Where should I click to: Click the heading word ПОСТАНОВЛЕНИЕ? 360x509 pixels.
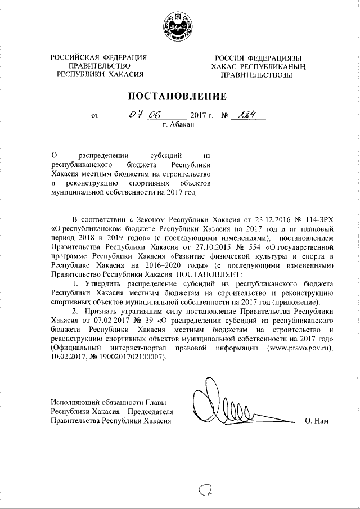click(180, 96)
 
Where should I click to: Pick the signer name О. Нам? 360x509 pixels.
click(316, 421)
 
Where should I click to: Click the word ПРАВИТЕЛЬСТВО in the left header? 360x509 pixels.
click(99, 65)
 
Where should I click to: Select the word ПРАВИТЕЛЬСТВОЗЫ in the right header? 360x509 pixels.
click(257, 75)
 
